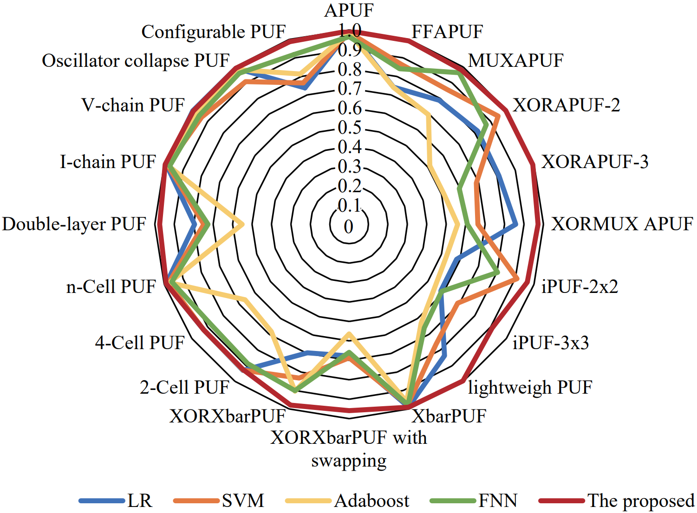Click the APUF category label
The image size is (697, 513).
tap(349, 10)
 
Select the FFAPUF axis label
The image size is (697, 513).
tap(447, 32)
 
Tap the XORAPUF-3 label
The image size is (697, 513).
tap(595, 162)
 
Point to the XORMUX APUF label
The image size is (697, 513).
tap(622, 224)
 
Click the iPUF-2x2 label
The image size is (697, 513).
tap(580, 286)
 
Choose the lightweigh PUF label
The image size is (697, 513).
tap(530, 387)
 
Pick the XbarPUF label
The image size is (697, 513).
tap(449, 416)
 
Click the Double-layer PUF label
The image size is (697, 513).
tap(74, 224)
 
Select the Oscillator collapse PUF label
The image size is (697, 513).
tap(136, 61)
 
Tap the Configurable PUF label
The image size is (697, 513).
tap(214, 32)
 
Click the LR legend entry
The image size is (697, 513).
tap(140, 501)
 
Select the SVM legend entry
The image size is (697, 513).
tap(243, 501)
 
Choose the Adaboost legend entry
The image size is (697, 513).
tap(371, 501)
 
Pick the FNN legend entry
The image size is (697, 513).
tap(498, 501)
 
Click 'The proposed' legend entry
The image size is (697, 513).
tap(641, 501)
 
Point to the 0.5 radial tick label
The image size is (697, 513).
tap(349, 128)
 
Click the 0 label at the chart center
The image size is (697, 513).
tap(349, 227)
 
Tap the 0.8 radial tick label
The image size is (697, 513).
tap(349, 70)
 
